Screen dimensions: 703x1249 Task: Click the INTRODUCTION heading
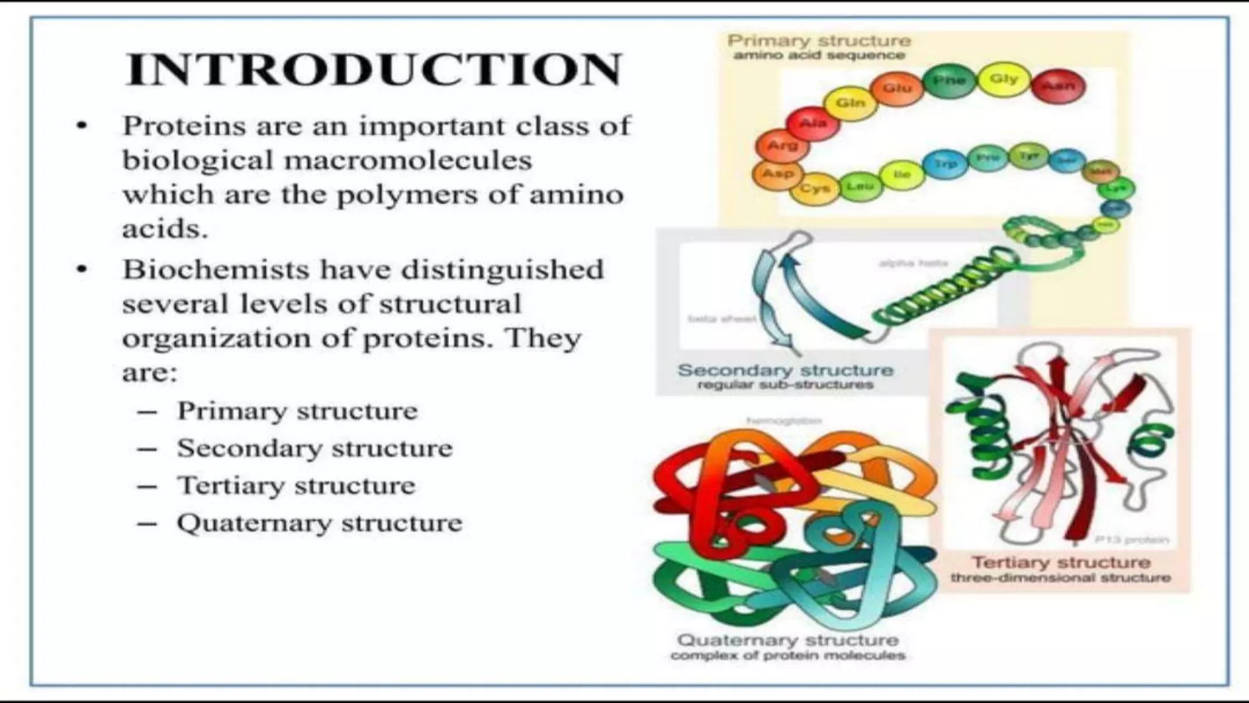pos(373,70)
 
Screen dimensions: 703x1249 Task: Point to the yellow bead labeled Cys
pos(815,188)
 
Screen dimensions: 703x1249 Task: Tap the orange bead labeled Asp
pos(778,174)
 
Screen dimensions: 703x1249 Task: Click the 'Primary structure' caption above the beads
pos(819,41)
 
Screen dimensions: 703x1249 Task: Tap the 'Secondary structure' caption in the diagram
pos(786,370)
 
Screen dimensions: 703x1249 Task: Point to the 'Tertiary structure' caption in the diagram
pos(1061,562)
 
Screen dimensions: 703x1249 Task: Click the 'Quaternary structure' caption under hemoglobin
pos(788,640)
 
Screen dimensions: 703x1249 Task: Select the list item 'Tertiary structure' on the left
pos(296,486)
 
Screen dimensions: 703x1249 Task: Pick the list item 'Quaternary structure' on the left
pos(320,523)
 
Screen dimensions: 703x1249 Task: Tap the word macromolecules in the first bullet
pos(408,160)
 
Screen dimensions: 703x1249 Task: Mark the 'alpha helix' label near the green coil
pos(913,263)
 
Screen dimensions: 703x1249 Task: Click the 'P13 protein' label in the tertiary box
pos(1131,539)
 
